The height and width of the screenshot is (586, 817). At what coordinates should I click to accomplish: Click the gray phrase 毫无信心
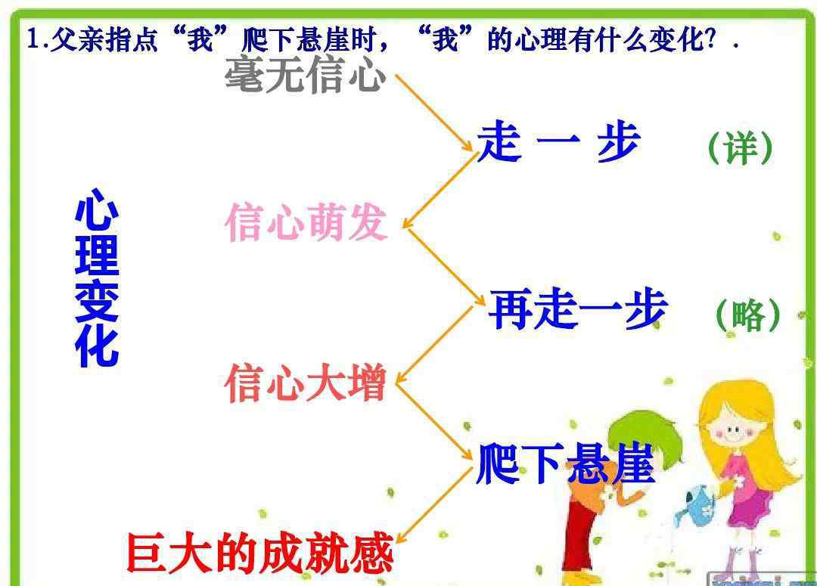pyautogui.click(x=306, y=75)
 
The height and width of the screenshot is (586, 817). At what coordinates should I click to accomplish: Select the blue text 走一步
pyautogui.click(x=558, y=141)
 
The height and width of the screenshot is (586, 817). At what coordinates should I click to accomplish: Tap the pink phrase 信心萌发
pyautogui.click(x=306, y=222)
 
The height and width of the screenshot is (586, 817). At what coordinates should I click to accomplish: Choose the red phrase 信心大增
pyautogui.click(x=306, y=383)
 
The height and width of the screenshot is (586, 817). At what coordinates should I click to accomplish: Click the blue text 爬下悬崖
pyautogui.click(x=565, y=464)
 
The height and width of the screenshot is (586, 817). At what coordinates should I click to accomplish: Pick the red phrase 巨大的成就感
pyautogui.click(x=260, y=553)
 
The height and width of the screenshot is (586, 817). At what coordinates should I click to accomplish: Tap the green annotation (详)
pyautogui.click(x=741, y=148)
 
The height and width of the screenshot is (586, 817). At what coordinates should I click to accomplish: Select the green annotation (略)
pyautogui.click(x=748, y=315)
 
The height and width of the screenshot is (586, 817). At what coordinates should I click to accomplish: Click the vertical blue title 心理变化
pyautogui.click(x=97, y=277)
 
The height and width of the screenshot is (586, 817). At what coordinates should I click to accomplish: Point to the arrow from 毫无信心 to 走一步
pyautogui.click(x=434, y=113)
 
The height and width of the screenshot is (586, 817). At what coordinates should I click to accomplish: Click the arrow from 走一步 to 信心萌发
pyautogui.click(x=439, y=191)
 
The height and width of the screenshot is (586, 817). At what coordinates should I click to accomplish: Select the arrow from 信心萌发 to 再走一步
pyautogui.click(x=445, y=267)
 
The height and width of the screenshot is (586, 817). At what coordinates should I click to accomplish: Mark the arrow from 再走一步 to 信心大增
pyautogui.click(x=434, y=345)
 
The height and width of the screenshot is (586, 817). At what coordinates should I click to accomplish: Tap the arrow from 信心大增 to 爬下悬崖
pyautogui.click(x=434, y=421)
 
